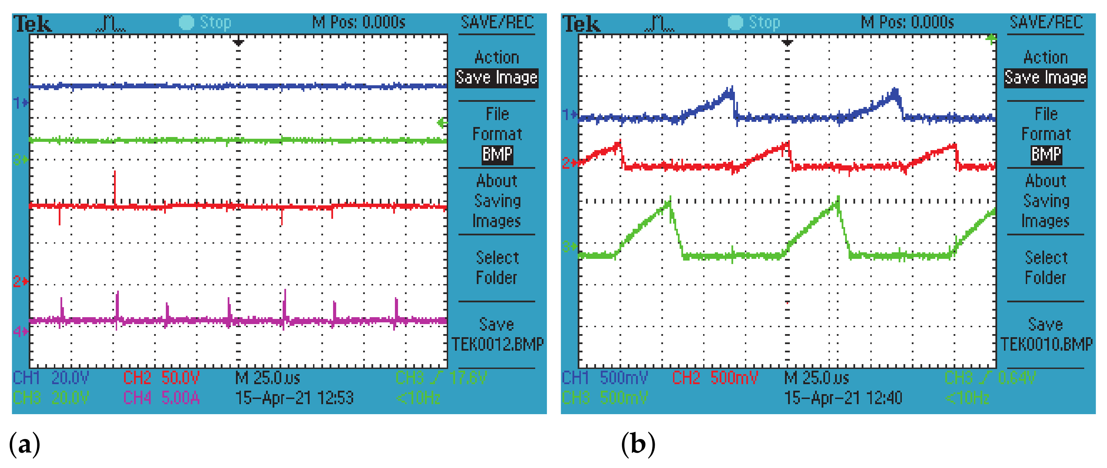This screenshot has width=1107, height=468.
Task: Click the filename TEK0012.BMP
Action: click(497, 344)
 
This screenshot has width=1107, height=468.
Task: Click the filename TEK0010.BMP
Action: click(1046, 344)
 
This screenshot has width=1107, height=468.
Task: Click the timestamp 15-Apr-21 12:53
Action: click(294, 398)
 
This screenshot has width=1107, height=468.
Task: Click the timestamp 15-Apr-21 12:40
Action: click(843, 398)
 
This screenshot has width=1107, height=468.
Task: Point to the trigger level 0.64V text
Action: click(1017, 378)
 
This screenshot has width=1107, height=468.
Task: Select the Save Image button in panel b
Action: click(1045, 78)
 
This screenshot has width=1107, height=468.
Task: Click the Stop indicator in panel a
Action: click(206, 22)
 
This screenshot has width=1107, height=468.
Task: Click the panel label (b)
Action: click(638, 445)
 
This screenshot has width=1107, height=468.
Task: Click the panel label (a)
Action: click(25, 445)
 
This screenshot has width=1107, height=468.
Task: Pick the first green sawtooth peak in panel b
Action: click(669, 202)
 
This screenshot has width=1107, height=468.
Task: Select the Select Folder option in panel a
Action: click(497, 267)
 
